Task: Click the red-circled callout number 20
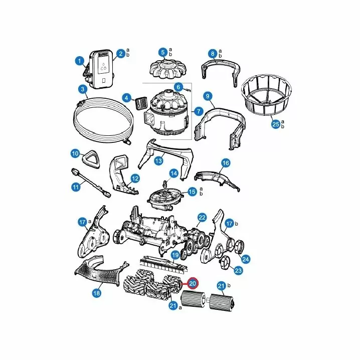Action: point(193,284)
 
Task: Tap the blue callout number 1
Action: point(80,61)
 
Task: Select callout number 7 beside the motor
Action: point(199,112)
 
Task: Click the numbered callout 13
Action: point(158,160)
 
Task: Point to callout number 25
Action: point(275,124)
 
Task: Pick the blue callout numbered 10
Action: point(75,153)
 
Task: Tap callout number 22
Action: point(202,218)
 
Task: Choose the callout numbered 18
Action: point(97,293)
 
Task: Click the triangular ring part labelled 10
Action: point(91,159)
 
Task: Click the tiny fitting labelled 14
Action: point(164,183)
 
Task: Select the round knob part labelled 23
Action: point(224,262)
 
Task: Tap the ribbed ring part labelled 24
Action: point(239,246)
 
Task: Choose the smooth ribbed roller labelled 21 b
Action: point(221,302)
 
